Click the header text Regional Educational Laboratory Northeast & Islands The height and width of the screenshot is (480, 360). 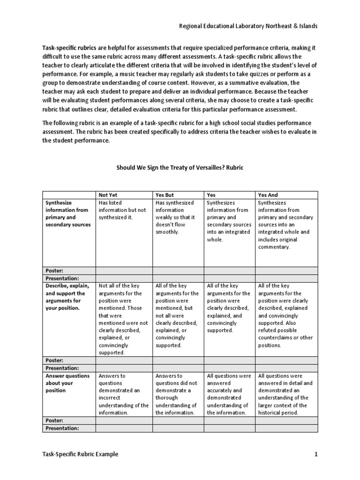(x=248, y=26)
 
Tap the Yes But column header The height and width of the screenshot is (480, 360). (x=165, y=195)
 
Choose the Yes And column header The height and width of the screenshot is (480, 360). (x=268, y=195)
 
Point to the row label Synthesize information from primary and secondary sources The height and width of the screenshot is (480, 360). (x=67, y=214)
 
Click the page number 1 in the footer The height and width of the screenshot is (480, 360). (x=316, y=454)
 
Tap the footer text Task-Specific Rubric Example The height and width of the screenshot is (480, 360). (x=80, y=454)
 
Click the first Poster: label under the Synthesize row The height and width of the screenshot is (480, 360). (x=55, y=270)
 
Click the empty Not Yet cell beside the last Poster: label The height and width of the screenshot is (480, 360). (x=124, y=420)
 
